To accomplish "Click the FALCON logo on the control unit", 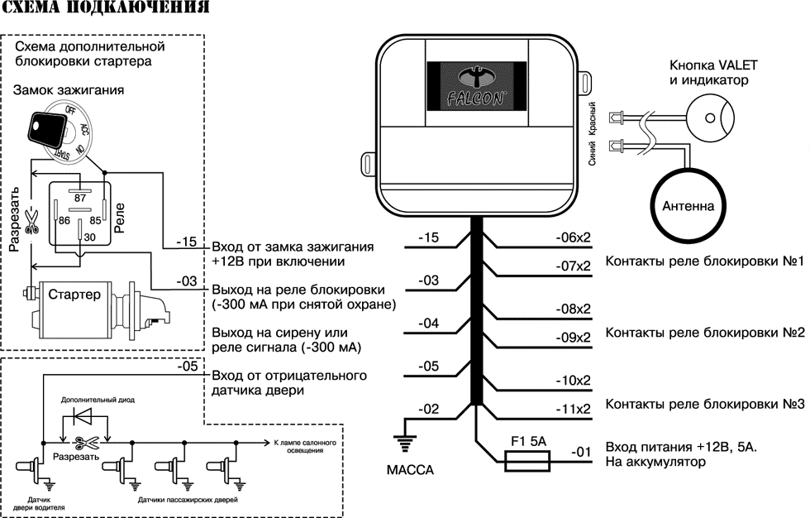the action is [x=476, y=87].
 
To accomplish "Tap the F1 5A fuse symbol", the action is [x=527, y=460].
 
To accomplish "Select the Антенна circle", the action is [x=688, y=206].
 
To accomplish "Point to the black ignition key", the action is [x=48, y=127].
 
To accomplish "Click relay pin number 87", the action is [x=79, y=197].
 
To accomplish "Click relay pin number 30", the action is [x=89, y=237].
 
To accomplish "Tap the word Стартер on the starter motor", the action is [x=74, y=295].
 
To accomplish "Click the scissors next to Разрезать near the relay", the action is [x=31, y=221].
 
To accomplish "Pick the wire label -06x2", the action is [x=573, y=237].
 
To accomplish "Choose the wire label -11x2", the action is [x=573, y=409].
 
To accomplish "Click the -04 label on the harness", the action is [x=429, y=323].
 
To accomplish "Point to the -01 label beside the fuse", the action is [x=580, y=452].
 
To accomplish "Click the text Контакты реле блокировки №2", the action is [x=704, y=333].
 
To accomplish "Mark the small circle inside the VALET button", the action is [x=710, y=118].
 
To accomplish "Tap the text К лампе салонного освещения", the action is [x=305, y=446].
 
